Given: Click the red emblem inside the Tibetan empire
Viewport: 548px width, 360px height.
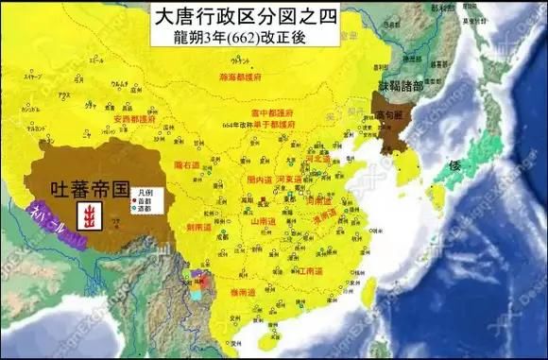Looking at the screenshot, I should tap(91, 215).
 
